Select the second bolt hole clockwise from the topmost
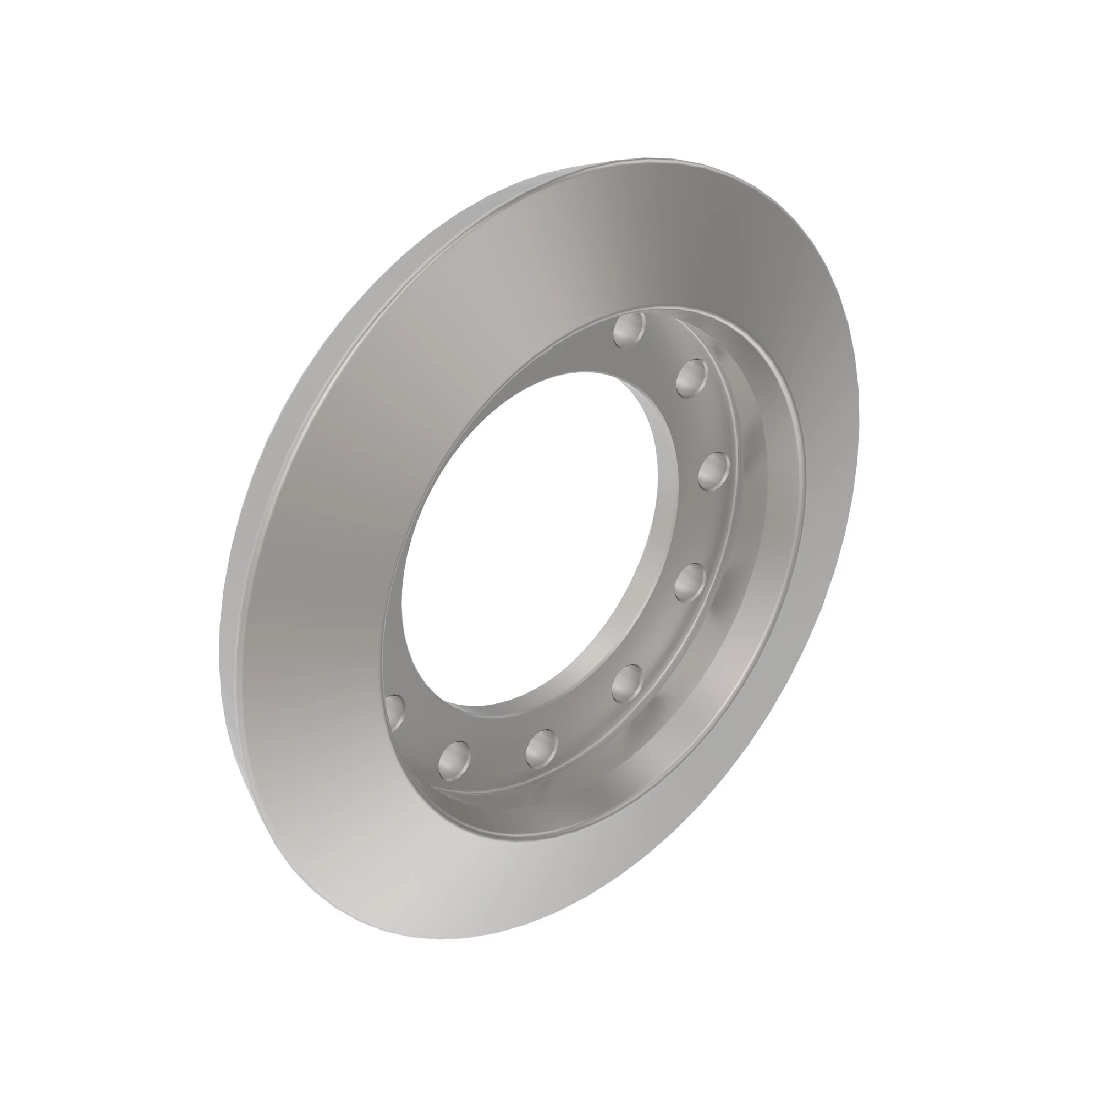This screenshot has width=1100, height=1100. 692,378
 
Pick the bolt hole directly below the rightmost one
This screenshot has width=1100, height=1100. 690,582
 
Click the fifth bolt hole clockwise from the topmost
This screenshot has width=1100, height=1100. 628,683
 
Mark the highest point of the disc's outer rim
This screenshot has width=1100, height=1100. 654,159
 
